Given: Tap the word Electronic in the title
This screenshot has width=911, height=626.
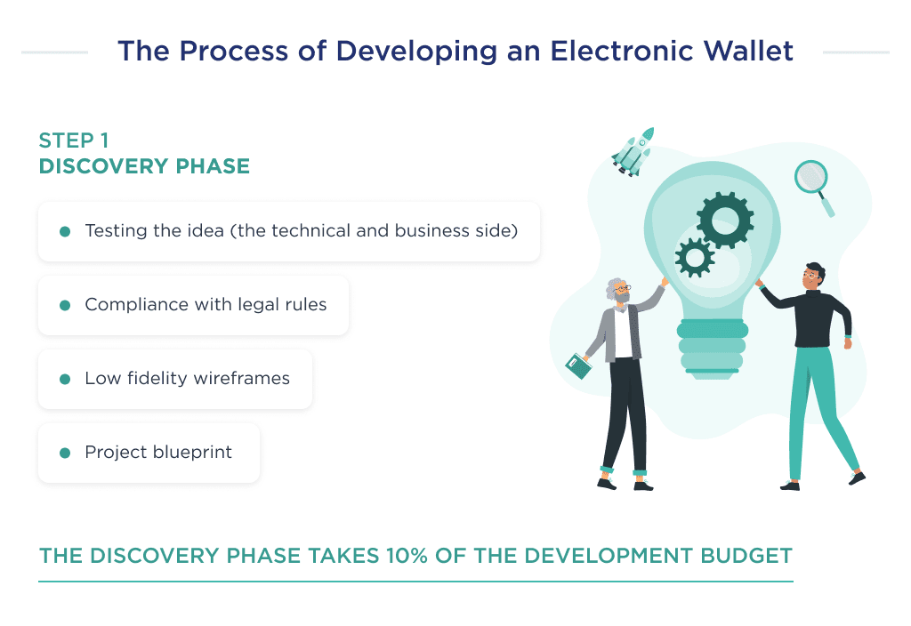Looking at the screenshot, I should pyautogui.click(x=609, y=51).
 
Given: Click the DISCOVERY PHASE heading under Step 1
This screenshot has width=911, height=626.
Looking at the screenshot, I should pyautogui.click(x=144, y=166).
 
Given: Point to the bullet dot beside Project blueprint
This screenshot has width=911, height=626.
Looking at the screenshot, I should pyautogui.click(x=65, y=453).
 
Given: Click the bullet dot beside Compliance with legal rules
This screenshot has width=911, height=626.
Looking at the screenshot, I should pyautogui.click(x=65, y=306).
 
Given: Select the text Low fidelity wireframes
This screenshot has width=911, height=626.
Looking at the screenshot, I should pyautogui.click(x=187, y=379).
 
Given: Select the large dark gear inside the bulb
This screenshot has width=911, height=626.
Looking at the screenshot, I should pyautogui.click(x=724, y=218).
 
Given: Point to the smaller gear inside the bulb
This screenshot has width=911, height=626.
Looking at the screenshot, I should pyautogui.click(x=695, y=258).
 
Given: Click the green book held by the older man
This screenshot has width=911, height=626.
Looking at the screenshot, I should pyautogui.click(x=578, y=365).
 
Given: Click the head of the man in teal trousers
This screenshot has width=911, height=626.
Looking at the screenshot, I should pyautogui.click(x=812, y=276).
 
